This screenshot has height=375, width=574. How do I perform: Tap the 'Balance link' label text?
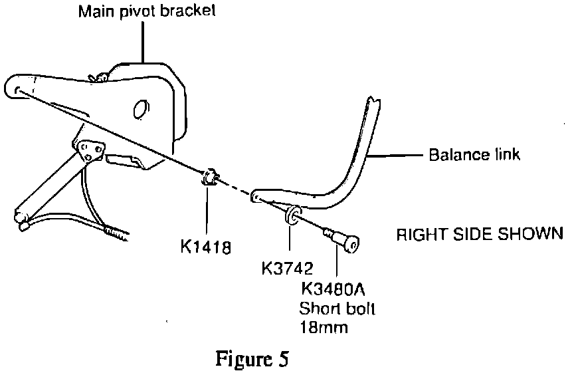click(x=474, y=156)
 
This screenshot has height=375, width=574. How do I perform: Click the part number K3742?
click(x=287, y=268)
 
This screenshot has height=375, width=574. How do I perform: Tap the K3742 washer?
click(x=291, y=218)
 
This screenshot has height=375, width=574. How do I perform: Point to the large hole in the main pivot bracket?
click(x=140, y=110)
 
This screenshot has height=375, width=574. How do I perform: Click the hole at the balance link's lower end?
click(x=254, y=197)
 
